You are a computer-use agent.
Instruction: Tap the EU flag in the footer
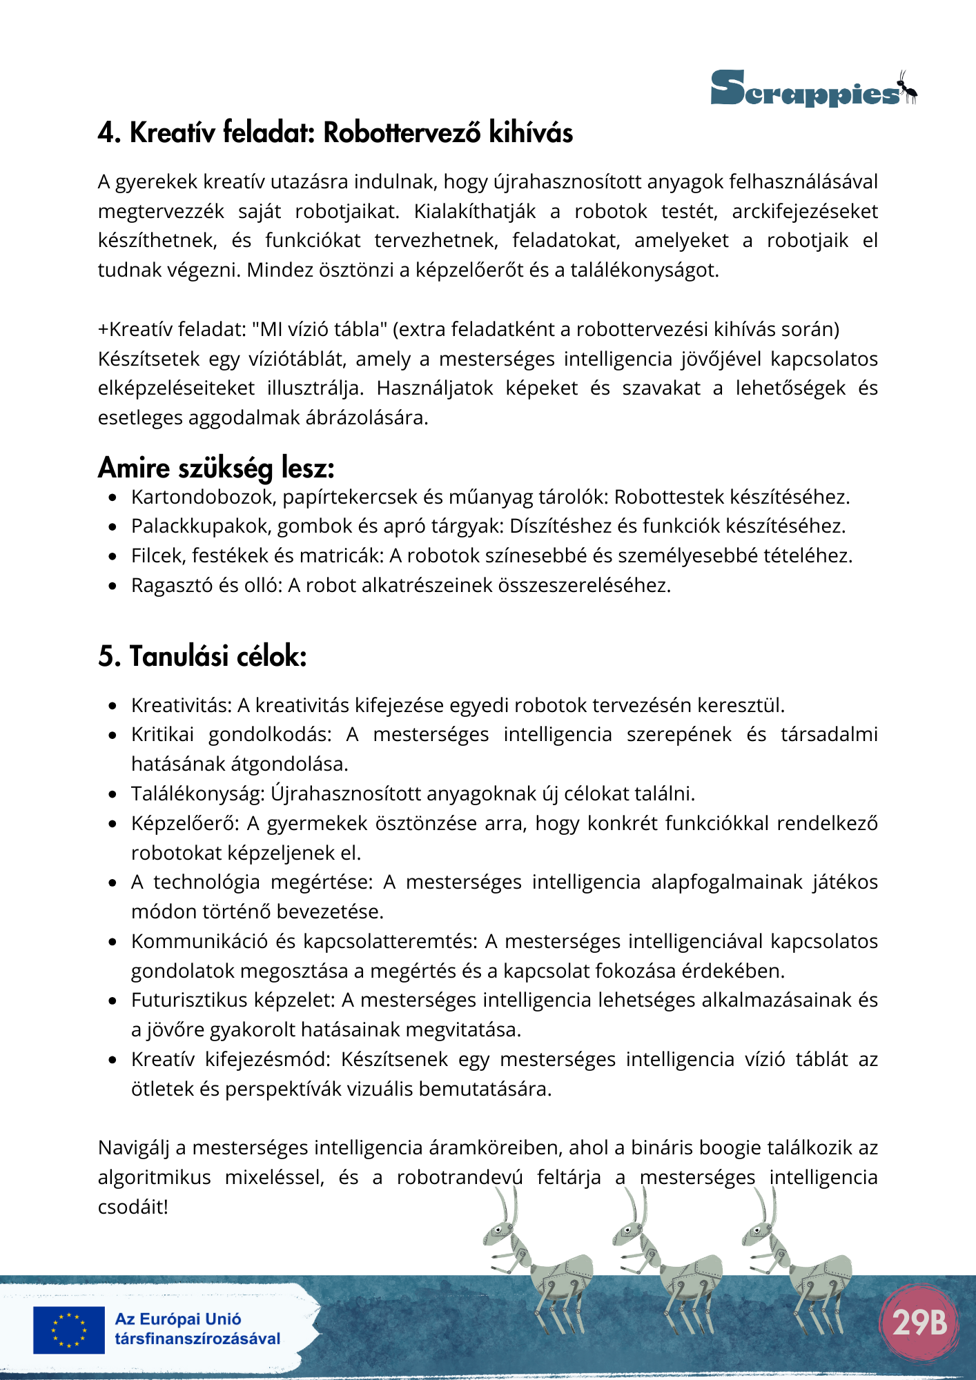(x=69, y=1330)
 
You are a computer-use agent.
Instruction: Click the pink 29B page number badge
(x=919, y=1322)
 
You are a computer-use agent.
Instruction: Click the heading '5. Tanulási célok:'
(x=202, y=656)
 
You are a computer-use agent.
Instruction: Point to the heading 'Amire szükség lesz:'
(x=216, y=468)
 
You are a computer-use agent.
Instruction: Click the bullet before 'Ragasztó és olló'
(x=113, y=586)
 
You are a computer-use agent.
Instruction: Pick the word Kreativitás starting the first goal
(x=181, y=705)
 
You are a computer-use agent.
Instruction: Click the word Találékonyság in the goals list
(x=197, y=793)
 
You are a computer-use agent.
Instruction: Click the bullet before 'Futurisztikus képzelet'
(x=113, y=1000)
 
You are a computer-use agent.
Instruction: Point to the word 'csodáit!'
(x=133, y=1207)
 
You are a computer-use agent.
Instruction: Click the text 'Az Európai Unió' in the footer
(x=178, y=1319)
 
